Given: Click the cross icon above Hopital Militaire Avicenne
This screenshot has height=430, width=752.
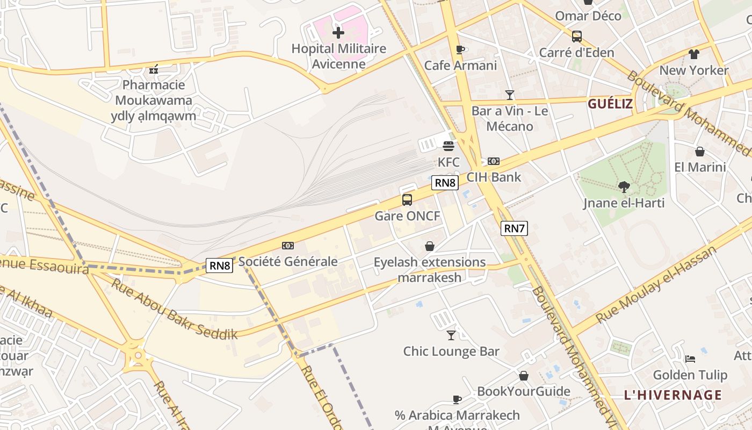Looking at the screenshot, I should click(338, 33).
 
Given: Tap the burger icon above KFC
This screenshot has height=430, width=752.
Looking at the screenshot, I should click(449, 146).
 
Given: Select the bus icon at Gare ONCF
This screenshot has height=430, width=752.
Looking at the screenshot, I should click(407, 200).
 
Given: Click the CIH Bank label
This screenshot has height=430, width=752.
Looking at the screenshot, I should click(494, 177).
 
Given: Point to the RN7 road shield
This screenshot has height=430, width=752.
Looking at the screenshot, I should click(514, 228).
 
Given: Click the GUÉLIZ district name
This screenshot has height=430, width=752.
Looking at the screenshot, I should click(610, 104).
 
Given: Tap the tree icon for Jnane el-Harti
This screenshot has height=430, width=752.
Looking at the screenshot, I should click(624, 187).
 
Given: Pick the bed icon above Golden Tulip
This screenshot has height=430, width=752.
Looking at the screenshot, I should click(690, 359).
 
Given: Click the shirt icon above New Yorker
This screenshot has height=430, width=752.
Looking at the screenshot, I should click(694, 54).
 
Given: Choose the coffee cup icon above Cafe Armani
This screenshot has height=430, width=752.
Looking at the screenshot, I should click(460, 50).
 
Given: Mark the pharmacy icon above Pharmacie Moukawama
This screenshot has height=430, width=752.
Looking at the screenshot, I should click(154, 69).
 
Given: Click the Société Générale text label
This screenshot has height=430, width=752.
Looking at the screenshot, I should click(288, 262).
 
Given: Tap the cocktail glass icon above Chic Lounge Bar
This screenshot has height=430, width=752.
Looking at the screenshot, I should click(451, 335).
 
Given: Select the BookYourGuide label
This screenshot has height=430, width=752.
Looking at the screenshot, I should click(524, 391).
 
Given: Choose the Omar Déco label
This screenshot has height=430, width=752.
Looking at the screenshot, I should click(588, 16).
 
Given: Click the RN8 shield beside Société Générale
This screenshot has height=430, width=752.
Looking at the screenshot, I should click(220, 265).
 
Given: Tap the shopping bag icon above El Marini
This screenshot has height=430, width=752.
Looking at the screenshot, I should click(699, 152).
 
